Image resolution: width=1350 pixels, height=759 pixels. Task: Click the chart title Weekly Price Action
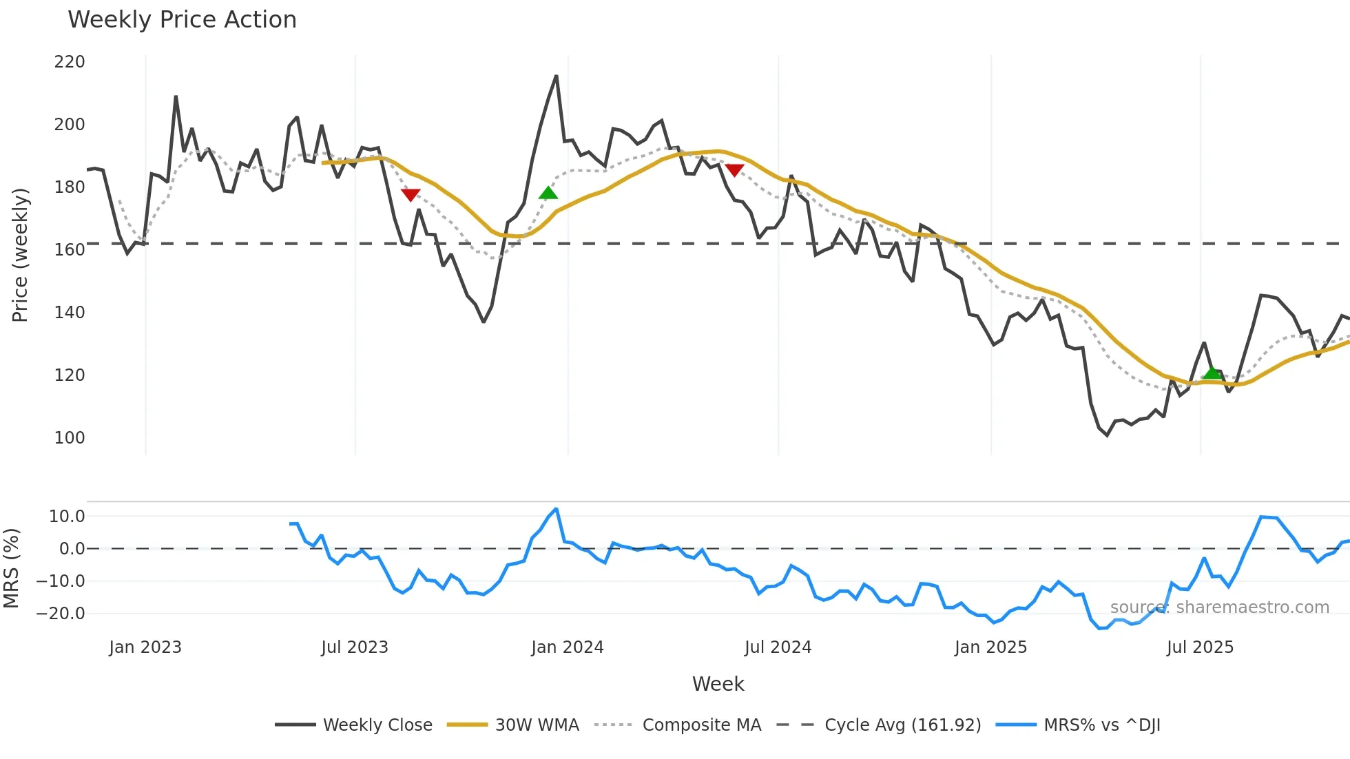coord(182,20)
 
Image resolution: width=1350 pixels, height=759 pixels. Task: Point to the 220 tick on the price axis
coord(70,62)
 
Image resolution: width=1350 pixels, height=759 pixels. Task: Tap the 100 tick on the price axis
coord(70,438)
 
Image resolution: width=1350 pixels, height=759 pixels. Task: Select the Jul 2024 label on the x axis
coord(778,647)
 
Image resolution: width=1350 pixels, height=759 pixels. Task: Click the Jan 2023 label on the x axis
coord(145,647)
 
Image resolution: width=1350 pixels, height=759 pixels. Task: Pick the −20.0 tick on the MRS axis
coord(61,614)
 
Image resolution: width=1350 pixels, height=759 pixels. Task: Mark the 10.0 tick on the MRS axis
coord(67,517)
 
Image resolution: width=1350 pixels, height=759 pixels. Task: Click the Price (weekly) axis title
coord(20,255)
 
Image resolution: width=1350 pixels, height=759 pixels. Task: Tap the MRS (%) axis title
coord(11,568)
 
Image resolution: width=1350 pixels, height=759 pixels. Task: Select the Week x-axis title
coord(718,684)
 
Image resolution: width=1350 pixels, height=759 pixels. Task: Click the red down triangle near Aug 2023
coord(411,195)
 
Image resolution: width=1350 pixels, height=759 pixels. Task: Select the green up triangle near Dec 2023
coord(548,193)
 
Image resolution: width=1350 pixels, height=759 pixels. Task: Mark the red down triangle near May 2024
coord(734,170)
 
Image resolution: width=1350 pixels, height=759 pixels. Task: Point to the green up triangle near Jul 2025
coord(1212,373)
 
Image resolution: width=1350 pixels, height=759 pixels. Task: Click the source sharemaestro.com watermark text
coord(1219,607)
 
